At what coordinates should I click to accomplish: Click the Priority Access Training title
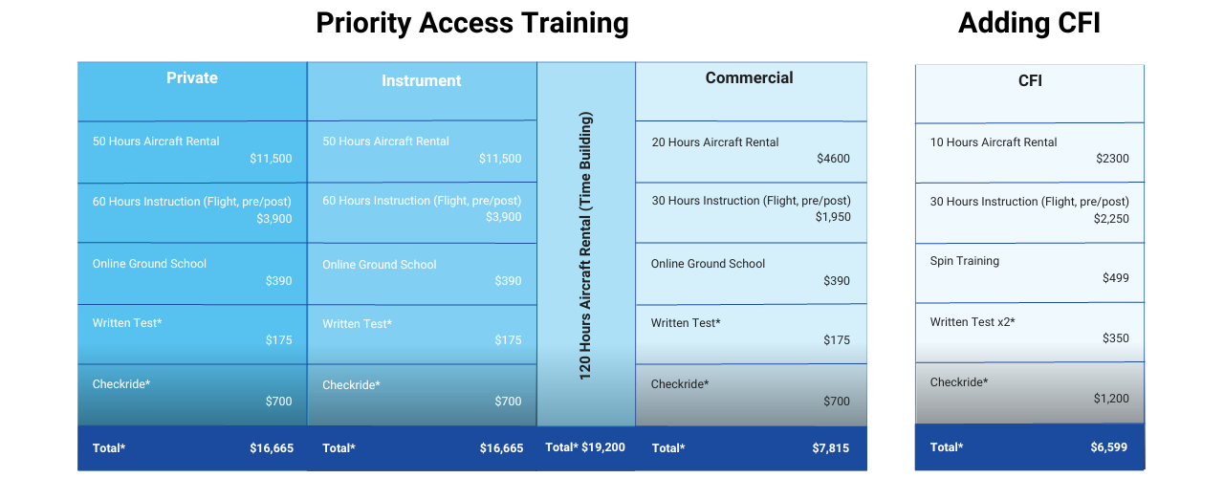coord(472,24)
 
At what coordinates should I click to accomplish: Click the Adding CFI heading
coord(1029,24)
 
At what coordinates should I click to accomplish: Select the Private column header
coord(192,77)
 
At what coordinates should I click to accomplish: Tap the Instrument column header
coord(422,81)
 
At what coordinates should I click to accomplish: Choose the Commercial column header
coord(749,77)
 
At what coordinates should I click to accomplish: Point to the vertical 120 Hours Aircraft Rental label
coord(584,246)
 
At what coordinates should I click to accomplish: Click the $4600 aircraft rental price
coord(833,159)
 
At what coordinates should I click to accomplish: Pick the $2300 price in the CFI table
coord(1112,159)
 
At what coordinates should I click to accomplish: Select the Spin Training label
coord(965,261)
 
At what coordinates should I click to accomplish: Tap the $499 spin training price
coord(1115,278)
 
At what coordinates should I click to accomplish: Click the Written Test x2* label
coord(973,322)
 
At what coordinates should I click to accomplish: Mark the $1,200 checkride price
coord(1111,399)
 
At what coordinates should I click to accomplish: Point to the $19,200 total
coord(603,447)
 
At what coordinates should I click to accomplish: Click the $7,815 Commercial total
coord(831,448)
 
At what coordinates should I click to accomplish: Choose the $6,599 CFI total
coord(1108,447)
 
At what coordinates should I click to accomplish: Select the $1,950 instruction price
coord(833,217)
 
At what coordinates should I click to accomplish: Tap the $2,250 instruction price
coord(1111,219)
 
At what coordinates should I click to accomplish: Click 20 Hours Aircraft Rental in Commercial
coord(714,142)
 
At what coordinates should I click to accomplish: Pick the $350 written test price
coord(1115,338)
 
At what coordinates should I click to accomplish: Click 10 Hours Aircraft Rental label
coord(994,142)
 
